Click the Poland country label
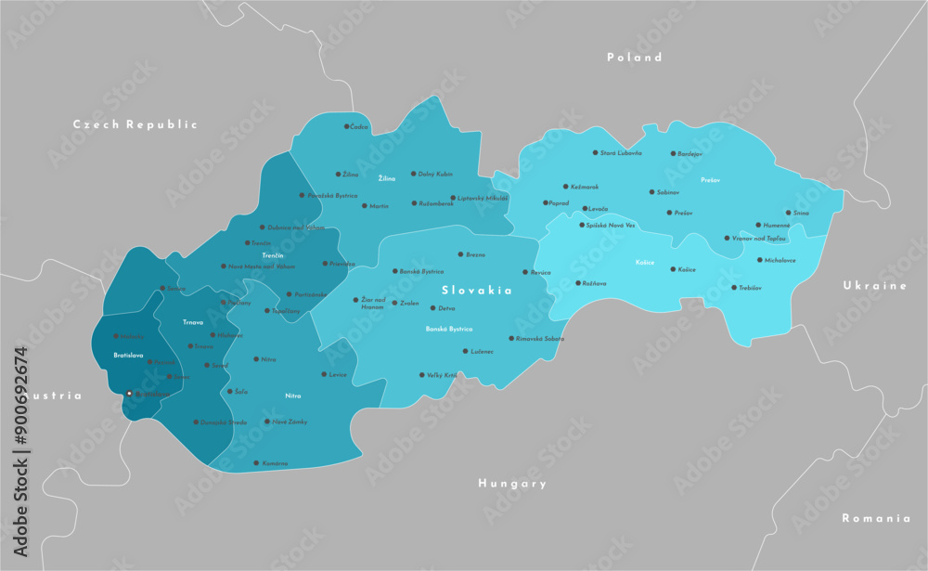(x=635, y=58)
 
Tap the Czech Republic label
(x=135, y=124)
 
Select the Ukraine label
(x=874, y=286)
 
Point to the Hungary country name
(x=512, y=484)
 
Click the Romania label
(x=875, y=518)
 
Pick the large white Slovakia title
(x=477, y=291)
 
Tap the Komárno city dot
(x=256, y=462)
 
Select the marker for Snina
(x=788, y=213)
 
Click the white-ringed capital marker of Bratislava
(x=129, y=394)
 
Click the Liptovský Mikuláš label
(x=483, y=198)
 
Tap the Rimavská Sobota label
(x=540, y=338)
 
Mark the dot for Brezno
(x=459, y=253)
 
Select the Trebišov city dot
(x=734, y=288)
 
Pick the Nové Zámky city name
(x=290, y=422)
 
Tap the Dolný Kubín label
(x=435, y=174)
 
